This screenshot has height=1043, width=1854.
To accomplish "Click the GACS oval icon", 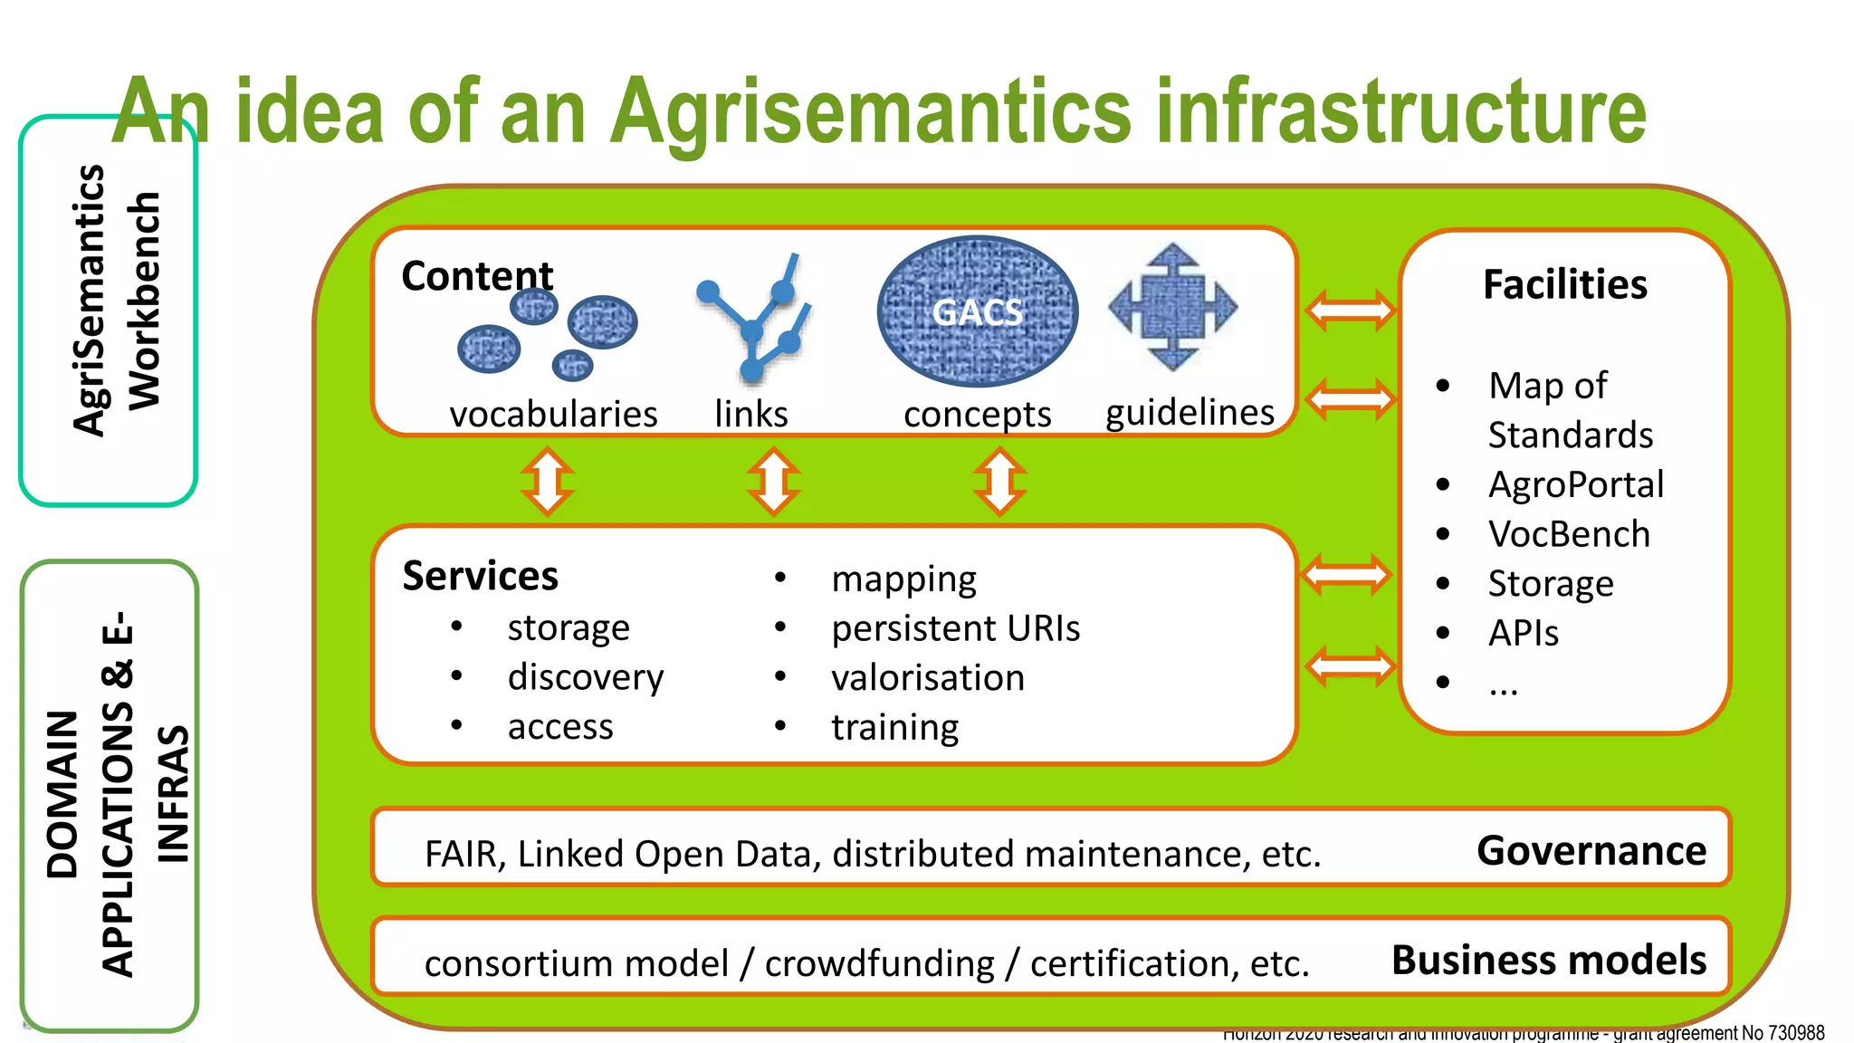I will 978,311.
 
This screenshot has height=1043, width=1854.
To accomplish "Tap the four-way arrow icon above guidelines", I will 1172,307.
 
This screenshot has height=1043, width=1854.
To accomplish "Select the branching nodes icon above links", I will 753,319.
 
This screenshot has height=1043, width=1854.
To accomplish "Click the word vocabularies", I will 553,415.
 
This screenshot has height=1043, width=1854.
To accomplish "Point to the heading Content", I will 477,276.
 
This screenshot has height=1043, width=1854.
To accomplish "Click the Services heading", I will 480,576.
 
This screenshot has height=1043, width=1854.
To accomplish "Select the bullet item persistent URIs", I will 955,628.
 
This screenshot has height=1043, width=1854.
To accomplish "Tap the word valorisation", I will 928,678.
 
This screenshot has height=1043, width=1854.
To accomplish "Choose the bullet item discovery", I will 585,677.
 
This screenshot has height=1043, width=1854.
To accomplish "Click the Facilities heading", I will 1564,284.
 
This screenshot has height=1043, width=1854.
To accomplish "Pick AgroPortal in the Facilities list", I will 1575,484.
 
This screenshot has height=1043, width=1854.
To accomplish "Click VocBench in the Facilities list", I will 1569,534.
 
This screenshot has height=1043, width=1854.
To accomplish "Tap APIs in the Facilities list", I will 1524,633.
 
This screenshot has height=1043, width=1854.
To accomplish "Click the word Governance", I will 1591,851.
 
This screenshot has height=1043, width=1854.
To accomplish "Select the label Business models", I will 1548,960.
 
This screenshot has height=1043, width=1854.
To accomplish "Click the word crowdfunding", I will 879,963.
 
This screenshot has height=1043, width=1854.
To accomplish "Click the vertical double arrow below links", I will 773,481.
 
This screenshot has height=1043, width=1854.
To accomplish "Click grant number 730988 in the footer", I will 1796,1033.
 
